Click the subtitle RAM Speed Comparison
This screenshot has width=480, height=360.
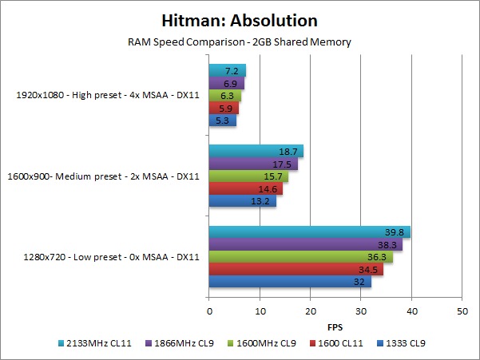point(239,42)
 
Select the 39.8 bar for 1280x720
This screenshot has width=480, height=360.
point(309,232)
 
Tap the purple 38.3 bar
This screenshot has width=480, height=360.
point(305,245)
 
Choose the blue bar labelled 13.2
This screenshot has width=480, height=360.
point(242,200)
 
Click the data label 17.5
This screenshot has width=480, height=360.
point(288,164)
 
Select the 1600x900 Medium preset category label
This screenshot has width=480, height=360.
point(107,176)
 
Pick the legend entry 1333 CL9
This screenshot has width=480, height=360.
point(403,344)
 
